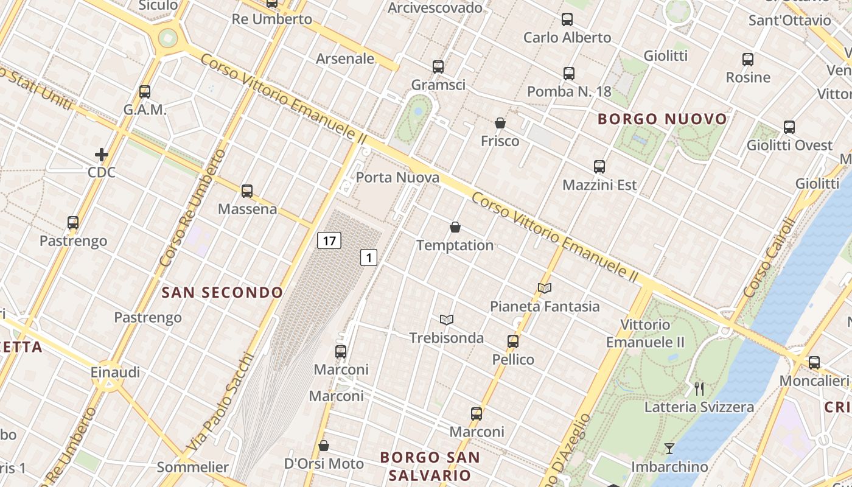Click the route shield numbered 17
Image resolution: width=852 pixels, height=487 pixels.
click(x=329, y=240)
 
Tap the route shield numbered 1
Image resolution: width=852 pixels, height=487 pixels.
click(x=368, y=258)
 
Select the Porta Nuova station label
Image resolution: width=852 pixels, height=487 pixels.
click(x=397, y=177)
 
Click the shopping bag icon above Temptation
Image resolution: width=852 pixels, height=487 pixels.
click(x=455, y=228)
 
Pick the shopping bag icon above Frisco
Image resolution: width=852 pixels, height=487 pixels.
click(x=500, y=123)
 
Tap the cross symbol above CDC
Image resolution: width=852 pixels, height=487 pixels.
click(x=102, y=155)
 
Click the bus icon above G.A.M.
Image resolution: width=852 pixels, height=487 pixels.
click(x=145, y=92)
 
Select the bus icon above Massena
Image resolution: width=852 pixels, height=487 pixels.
click(x=247, y=191)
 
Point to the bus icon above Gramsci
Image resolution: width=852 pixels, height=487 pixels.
click(x=438, y=67)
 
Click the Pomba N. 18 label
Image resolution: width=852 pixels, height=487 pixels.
click(x=569, y=91)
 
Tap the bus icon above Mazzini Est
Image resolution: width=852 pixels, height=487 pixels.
click(x=599, y=167)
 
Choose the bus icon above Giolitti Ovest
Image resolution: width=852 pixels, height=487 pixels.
click(x=789, y=127)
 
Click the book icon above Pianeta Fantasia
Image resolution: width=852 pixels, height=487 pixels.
click(x=545, y=288)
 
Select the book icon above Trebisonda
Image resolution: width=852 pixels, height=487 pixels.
click(x=447, y=320)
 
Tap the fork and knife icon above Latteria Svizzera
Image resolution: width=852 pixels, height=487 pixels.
click(x=699, y=388)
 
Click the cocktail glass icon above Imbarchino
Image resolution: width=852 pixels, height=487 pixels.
click(x=669, y=449)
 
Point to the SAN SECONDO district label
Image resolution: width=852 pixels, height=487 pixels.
click(x=222, y=293)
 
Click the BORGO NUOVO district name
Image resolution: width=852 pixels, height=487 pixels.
click(x=662, y=119)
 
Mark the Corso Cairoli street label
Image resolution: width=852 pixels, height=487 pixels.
click(x=769, y=258)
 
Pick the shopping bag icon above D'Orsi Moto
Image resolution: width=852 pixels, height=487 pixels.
click(x=324, y=446)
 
